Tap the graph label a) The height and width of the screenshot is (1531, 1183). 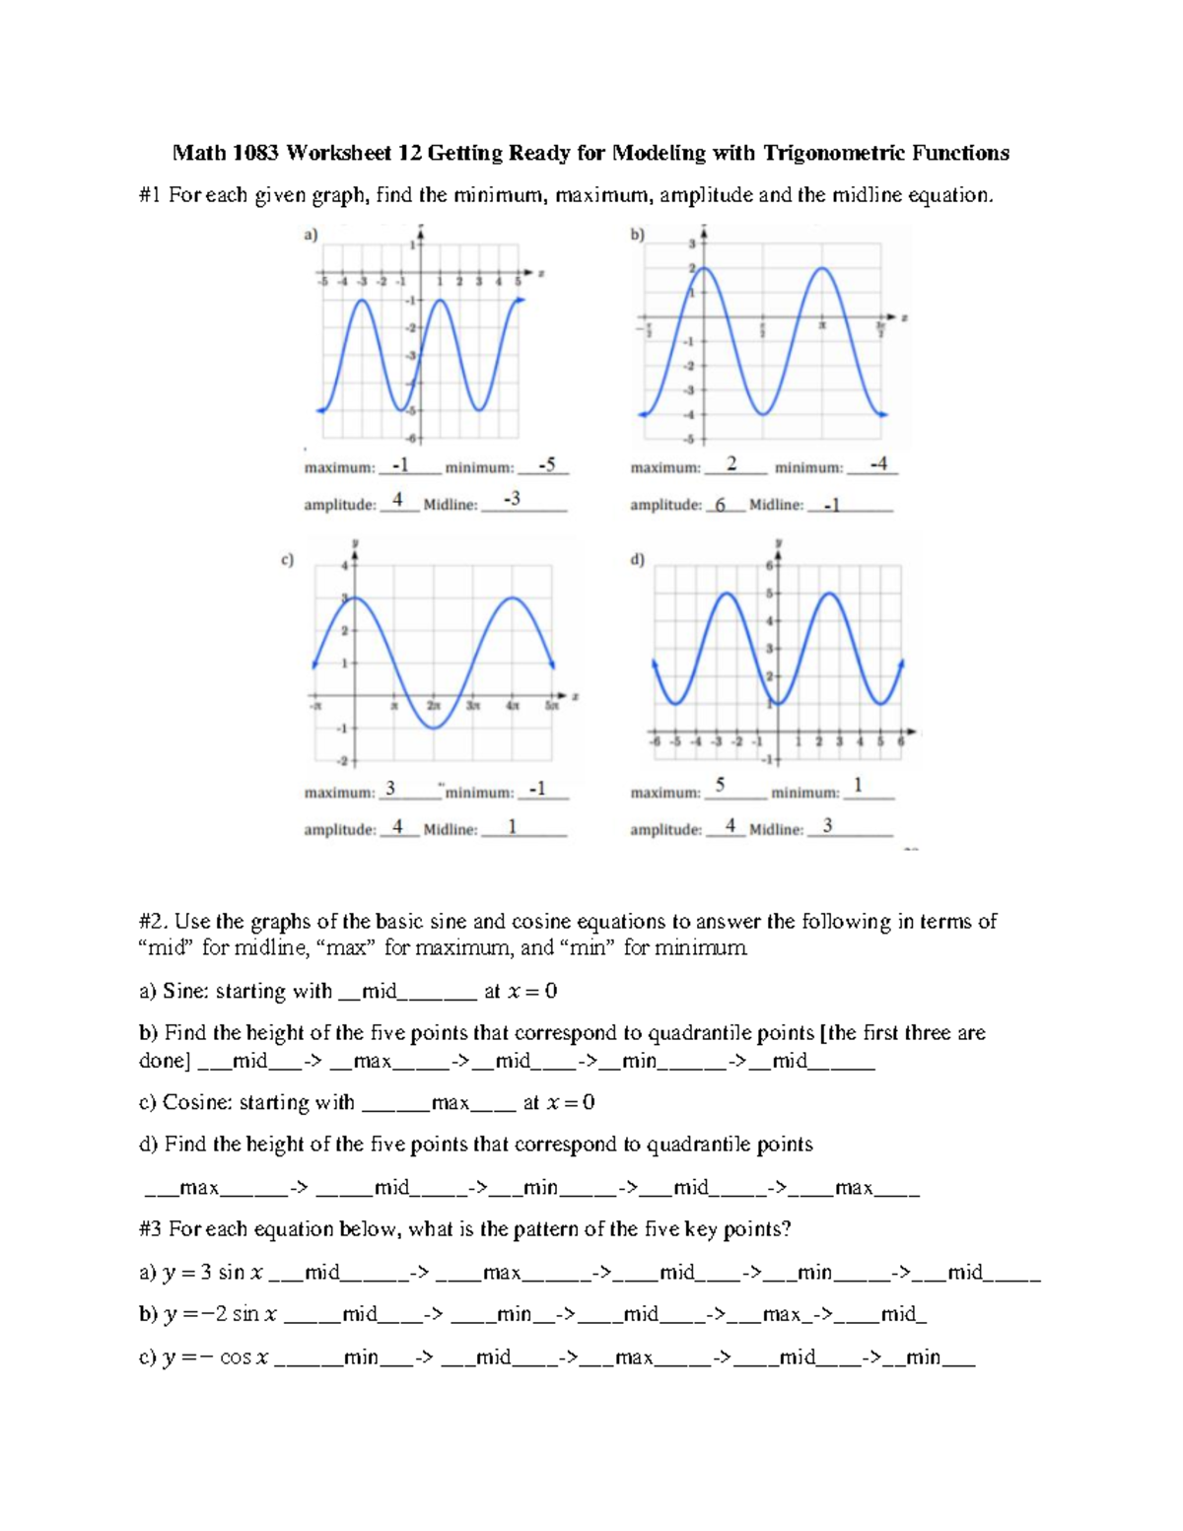311,235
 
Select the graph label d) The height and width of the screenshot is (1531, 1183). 637,560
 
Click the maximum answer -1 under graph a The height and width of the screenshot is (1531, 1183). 399,464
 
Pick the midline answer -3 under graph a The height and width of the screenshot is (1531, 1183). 511,500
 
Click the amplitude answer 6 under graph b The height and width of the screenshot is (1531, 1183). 721,505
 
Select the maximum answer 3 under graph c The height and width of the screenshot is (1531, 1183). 390,789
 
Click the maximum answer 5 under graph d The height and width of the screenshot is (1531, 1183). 720,785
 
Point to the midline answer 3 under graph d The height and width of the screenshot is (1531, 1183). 827,826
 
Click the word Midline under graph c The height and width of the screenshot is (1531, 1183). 450,830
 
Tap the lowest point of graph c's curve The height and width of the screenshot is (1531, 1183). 434,728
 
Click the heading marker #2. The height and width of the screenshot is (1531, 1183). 155,922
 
